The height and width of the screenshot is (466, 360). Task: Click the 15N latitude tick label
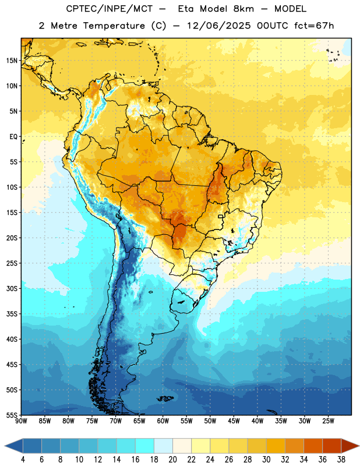[x=11, y=61]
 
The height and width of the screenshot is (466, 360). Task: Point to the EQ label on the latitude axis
[x=13, y=137]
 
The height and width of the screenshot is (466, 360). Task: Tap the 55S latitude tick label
[x=11, y=415]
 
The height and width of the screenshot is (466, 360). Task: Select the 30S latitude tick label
[x=11, y=288]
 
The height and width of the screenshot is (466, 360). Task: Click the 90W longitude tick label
[x=21, y=421]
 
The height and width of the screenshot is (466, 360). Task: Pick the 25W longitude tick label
[x=328, y=421]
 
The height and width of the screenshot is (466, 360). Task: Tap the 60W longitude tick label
[x=163, y=421]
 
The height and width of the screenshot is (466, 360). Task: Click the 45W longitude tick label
[x=234, y=421]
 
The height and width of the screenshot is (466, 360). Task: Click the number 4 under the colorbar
[x=23, y=460]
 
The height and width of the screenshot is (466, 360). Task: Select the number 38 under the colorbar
[x=341, y=460]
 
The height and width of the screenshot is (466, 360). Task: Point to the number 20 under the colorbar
[x=172, y=460]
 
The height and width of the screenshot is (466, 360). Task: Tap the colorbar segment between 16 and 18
[x=144, y=446]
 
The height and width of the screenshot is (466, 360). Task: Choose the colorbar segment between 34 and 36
[x=313, y=446]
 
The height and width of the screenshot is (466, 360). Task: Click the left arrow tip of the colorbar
[x=5, y=446]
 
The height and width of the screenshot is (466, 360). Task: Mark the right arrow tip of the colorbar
[x=359, y=446]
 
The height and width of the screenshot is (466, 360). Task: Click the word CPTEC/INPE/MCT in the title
[x=109, y=9]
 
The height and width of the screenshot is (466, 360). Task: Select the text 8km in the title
[x=243, y=9]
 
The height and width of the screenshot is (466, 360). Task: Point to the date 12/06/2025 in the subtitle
[x=219, y=26]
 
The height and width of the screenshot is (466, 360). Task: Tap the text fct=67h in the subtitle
[x=314, y=26]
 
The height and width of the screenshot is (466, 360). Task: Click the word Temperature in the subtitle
[x=114, y=26]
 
